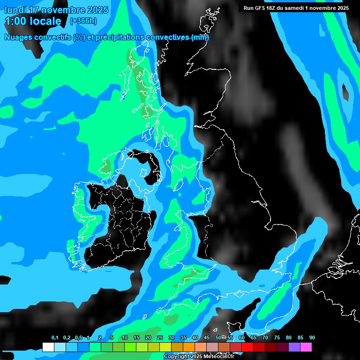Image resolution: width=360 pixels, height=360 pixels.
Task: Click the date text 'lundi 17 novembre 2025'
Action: point(56,10)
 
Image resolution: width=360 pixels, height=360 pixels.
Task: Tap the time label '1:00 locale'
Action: point(33,21)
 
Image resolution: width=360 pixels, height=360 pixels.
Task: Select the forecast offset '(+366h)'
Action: point(83,21)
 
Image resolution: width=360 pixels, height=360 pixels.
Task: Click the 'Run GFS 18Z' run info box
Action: point(296,8)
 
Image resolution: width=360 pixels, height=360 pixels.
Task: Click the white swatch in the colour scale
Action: point(48,347)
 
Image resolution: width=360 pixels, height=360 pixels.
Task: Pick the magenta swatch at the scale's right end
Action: point(306,347)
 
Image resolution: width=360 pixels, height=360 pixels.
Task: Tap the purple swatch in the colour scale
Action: point(294,347)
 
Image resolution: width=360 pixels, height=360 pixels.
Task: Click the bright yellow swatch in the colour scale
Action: point(165,347)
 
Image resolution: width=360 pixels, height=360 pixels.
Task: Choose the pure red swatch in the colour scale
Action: point(247,347)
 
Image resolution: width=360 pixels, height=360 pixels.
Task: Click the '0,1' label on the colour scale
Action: point(54,338)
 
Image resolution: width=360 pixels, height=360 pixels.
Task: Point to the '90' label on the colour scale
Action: point(312,338)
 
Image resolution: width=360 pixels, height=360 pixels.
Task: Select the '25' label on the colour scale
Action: point(160,338)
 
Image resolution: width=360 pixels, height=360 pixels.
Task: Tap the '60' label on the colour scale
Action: point(242,338)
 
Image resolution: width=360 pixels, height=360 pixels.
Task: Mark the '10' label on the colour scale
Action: point(125,338)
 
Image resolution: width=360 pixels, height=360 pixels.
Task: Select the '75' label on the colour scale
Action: point(277,338)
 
